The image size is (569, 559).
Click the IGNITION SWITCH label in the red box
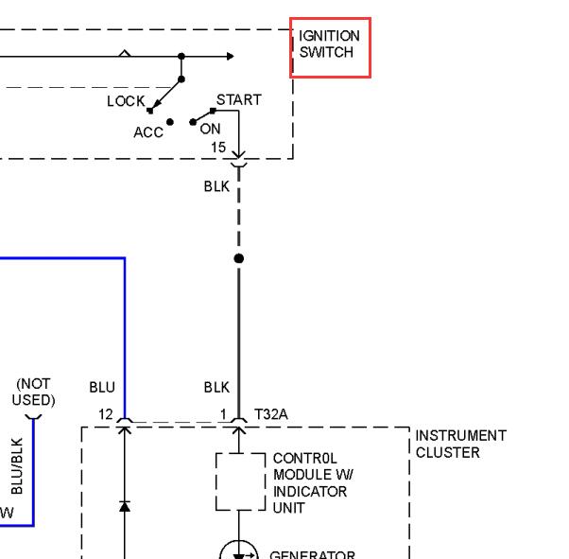click(x=329, y=44)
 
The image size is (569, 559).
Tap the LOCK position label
click(x=126, y=101)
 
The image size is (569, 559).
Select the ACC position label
click(x=148, y=132)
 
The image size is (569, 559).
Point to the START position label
click(x=239, y=99)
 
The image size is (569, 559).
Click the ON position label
click(x=210, y=129)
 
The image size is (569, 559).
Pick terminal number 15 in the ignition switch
click(x=218, y=148)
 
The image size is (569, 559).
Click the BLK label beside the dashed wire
click(x=216, y=186)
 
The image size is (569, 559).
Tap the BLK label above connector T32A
click(x=216, y=387)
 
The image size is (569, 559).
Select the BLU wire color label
click(x=102, y=387)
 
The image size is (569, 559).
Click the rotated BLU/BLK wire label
click(x=17, y=466)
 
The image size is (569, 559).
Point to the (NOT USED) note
click(x=33, y=392)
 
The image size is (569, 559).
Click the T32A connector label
click(x=271, y=414)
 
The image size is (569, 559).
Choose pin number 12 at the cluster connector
click(x=106, y=414)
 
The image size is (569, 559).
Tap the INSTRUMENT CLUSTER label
click(x=461, y=444)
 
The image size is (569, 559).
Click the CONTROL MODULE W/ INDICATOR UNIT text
click(x=313, y=483)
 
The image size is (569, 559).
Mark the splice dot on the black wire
click(x=239, y=258)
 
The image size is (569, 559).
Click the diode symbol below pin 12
click(x=125, y=506)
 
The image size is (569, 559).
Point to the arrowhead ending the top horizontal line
click(x=230, y=57)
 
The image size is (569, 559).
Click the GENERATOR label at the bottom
click(x=313, y=554)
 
